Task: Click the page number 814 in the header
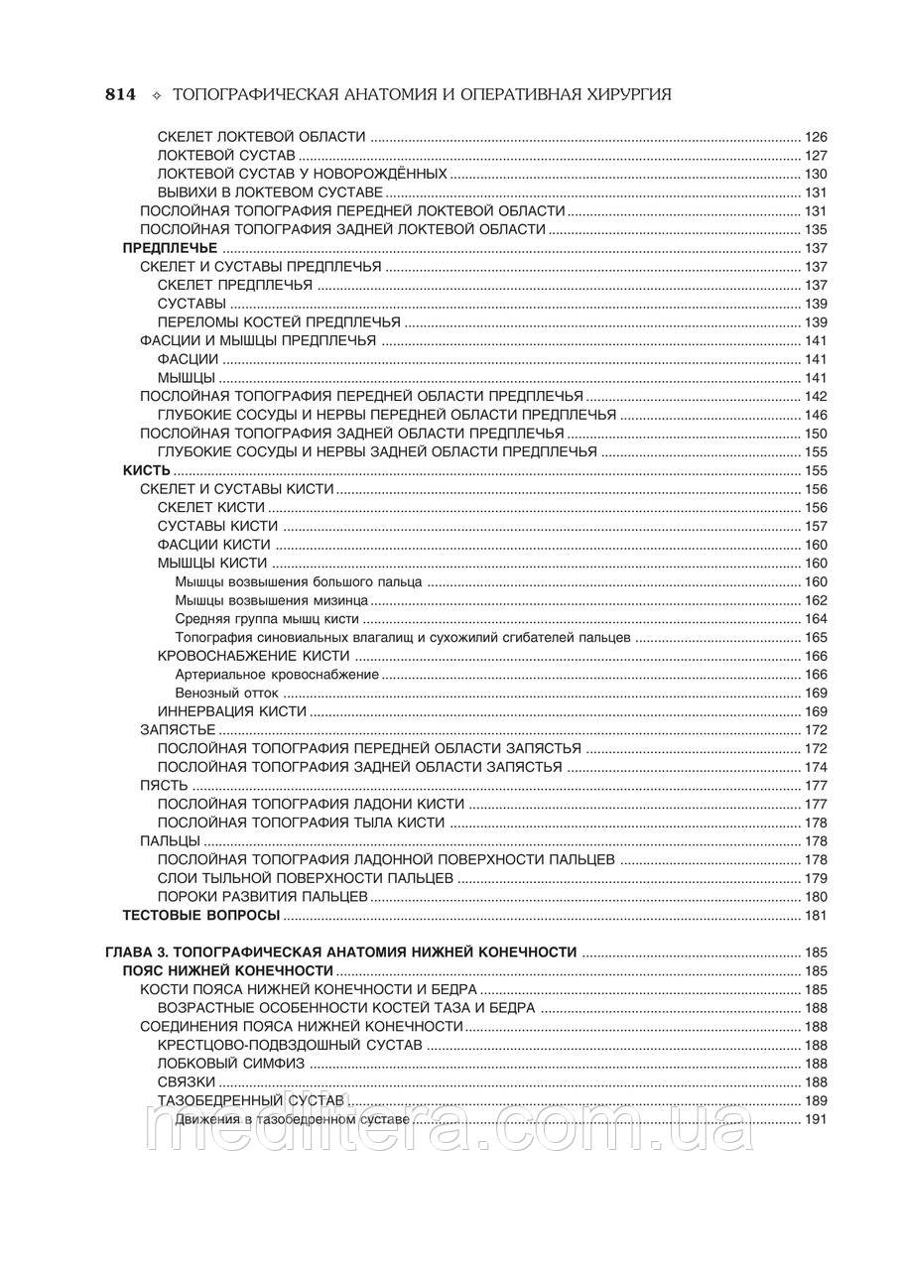point(120,95)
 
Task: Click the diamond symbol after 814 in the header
point(155,96)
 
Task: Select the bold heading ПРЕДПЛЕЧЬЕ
point(170,248)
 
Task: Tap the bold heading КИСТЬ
point(147,470)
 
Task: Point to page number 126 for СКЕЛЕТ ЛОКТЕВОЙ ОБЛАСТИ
point(816,137)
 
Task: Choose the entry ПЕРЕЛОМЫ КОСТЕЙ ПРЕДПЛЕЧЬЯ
point(279,322)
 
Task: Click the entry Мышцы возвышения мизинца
point(272,600)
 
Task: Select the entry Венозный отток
point(227,693)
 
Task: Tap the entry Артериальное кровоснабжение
point(277,675)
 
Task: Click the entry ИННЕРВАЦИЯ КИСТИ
point(231,711)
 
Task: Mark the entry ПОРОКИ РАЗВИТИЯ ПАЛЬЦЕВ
point(263,897)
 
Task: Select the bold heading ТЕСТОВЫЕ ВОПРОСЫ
point(200,915)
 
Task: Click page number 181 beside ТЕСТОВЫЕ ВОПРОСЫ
point(816,915)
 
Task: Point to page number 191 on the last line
point(816,1119)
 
